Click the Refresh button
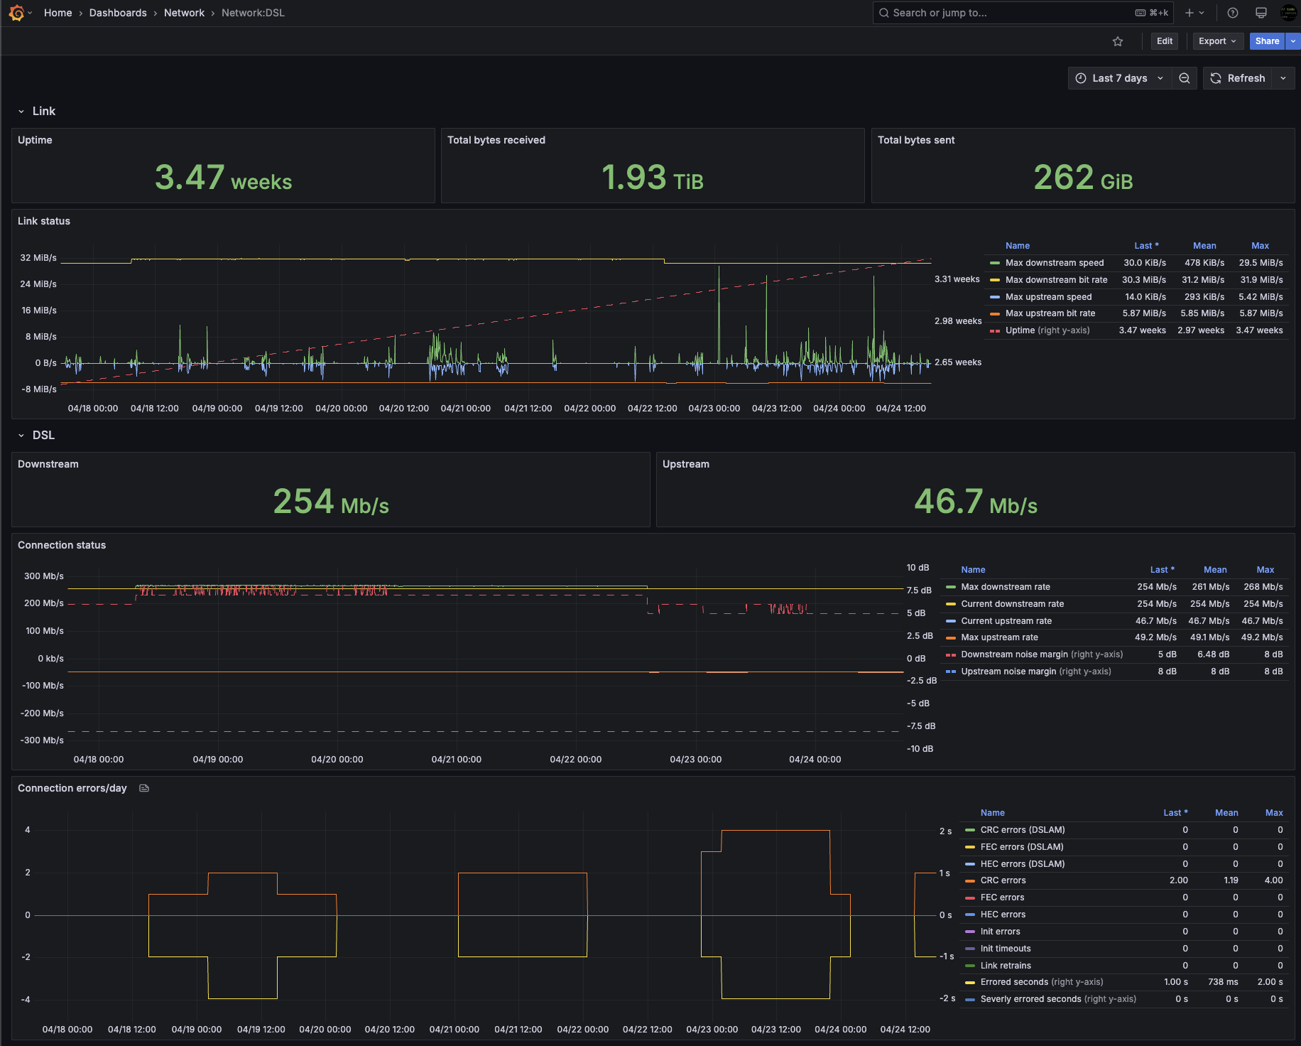coord(1238,78)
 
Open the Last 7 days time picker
coord(1119,78)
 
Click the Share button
coord(1267,41)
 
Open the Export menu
coord(1218,41)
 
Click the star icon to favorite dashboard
coord(1118,41)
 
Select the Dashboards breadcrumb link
coord(118,13)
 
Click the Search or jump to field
coord(1023,13)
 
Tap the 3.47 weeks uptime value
coord(223,178)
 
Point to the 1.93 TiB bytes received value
coord(653,178)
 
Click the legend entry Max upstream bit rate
coord(1050,313)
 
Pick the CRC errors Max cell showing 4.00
coord(1273,880)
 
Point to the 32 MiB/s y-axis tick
coord(38,258)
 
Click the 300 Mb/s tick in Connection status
coord(44,576)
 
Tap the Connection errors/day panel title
coord(72,788)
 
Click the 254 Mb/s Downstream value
coord(331,502)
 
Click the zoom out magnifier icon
coord(1185,78)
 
